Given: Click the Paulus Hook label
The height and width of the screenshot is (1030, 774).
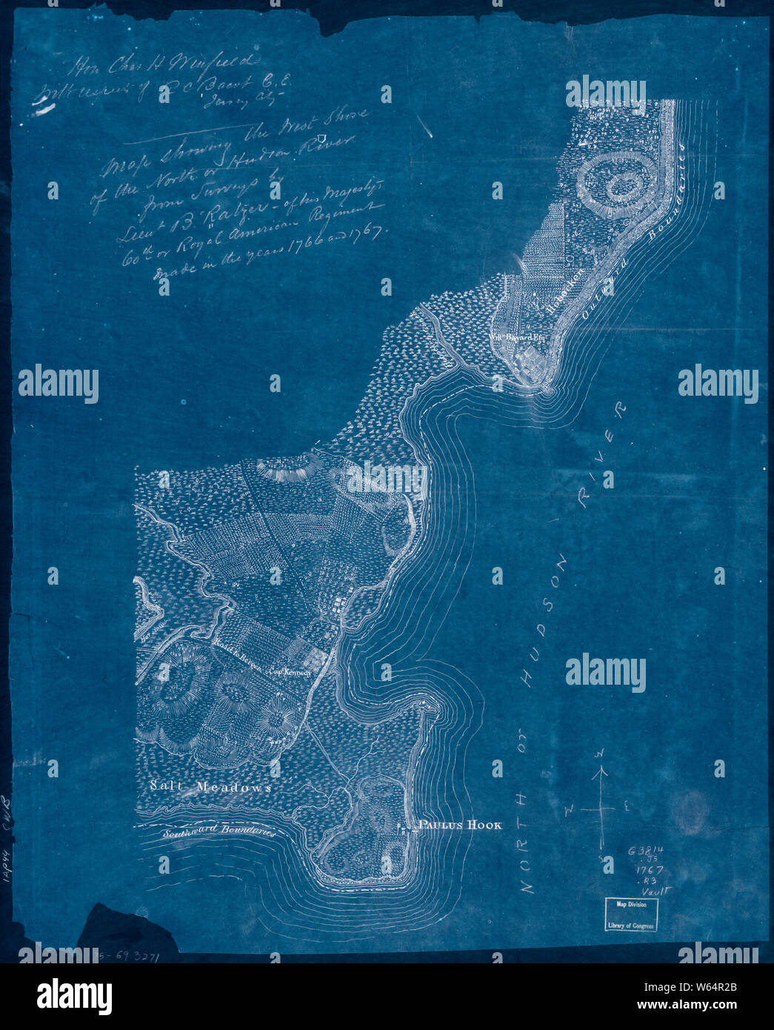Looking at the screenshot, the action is click(x=460, y=825).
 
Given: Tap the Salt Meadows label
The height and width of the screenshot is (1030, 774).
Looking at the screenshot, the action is click(x=209, y=788).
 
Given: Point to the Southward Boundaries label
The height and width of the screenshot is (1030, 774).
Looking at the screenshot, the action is click(x=219, y=831).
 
